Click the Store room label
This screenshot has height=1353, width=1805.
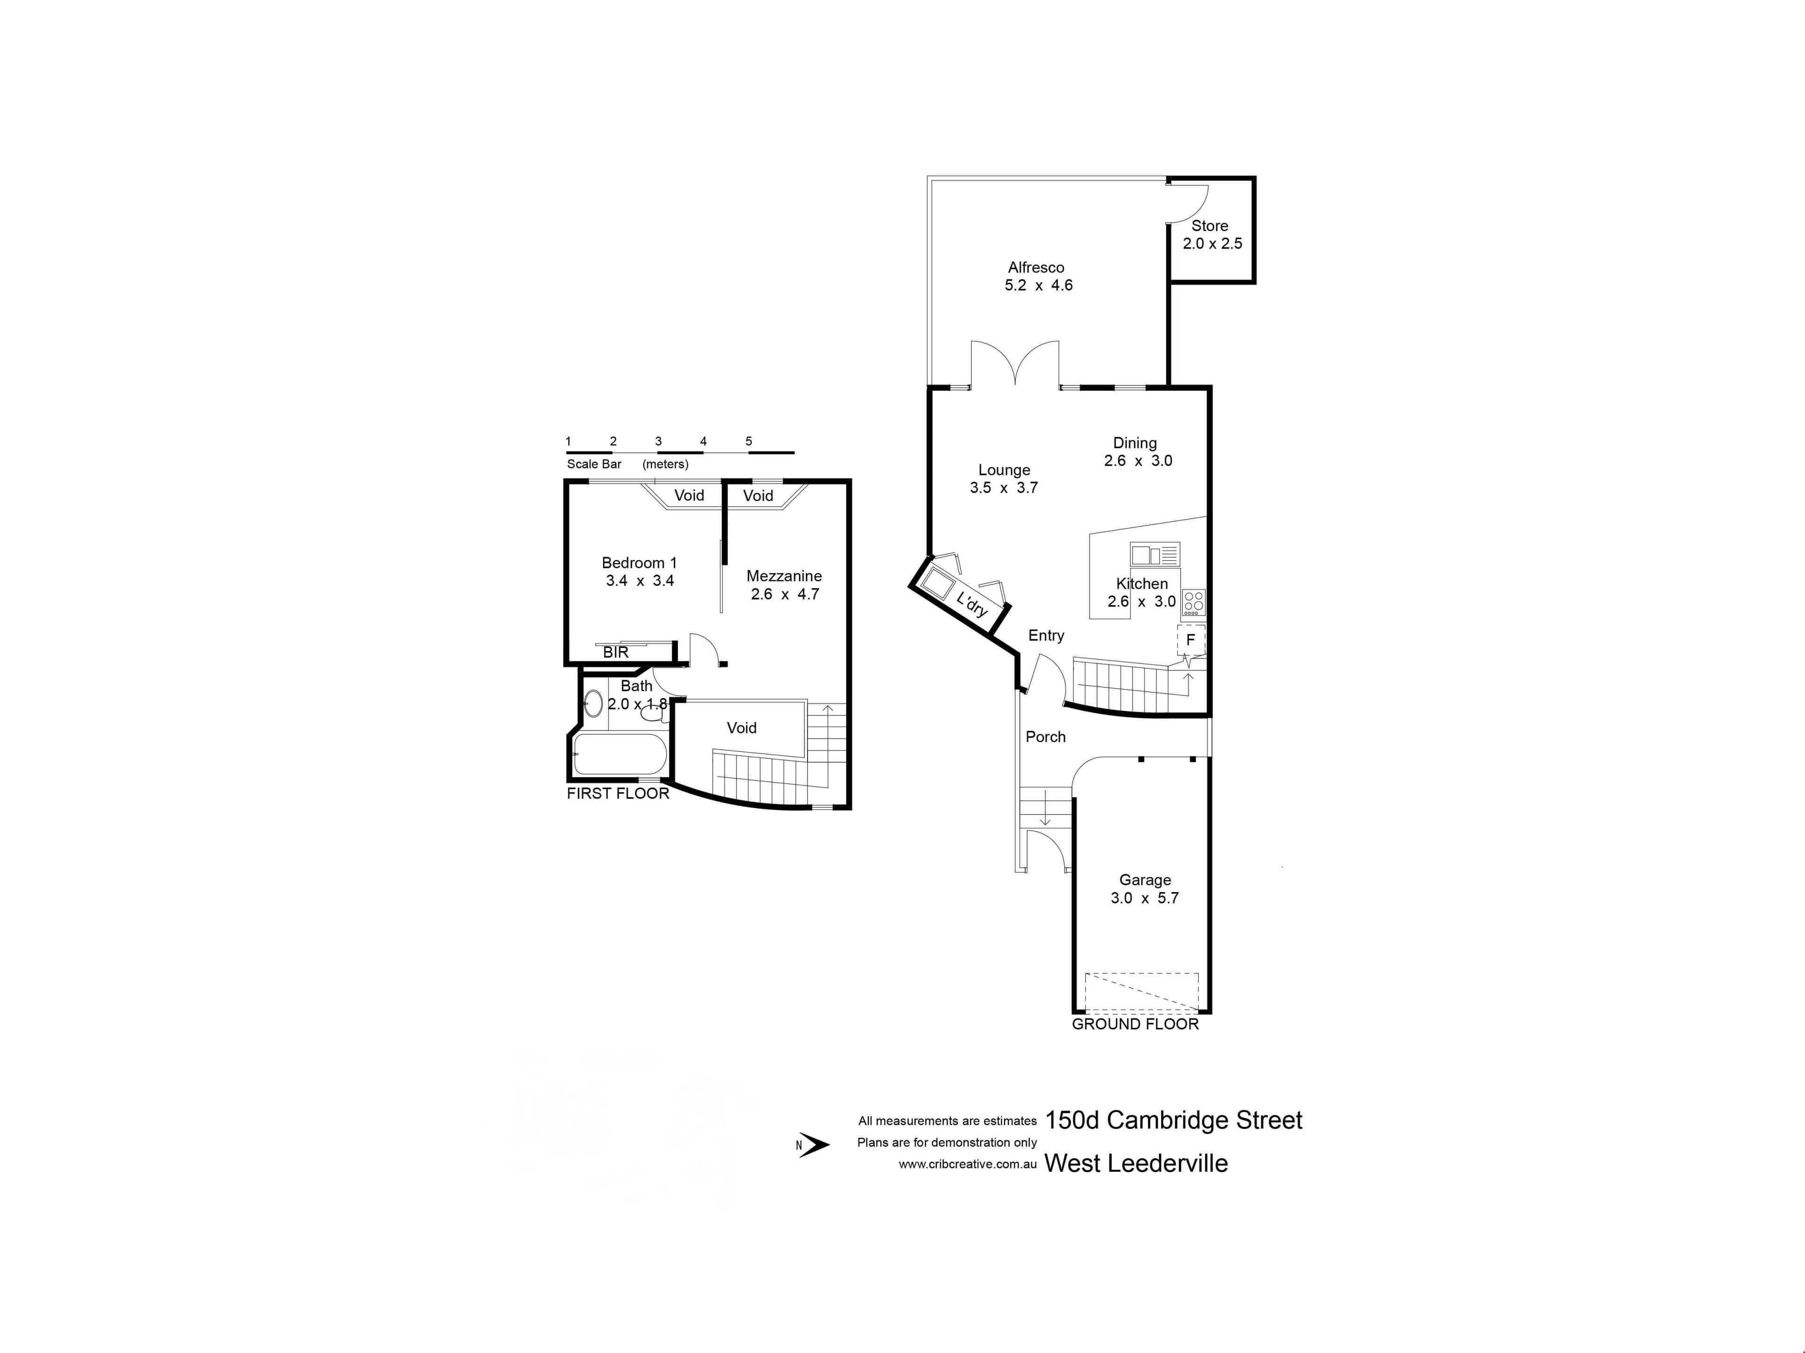click(1209, 226)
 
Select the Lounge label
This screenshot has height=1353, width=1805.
click(1005, 470)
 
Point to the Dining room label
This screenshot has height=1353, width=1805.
click(1135, 443)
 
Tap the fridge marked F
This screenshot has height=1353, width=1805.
click(1191, 639)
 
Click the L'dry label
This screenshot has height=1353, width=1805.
click(972, 604)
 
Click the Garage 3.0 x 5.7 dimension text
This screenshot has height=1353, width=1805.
click(1145, 898)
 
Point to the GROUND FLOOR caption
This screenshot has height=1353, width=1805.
click(1135, 1024)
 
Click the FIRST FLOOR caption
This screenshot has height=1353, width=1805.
click(618, 793)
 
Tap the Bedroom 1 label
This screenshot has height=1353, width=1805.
click(639, 563)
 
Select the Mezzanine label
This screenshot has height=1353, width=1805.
click(784, 576)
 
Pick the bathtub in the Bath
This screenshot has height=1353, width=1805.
click(620, 754)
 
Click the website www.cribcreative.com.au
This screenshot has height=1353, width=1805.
click(968, 1165)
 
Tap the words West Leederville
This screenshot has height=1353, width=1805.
click(1136, 1164)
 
